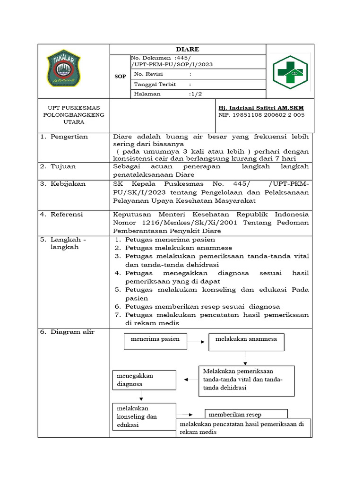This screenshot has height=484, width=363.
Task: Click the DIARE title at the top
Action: tap(188, 49)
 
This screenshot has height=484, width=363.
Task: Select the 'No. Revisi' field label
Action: tap(148, 74)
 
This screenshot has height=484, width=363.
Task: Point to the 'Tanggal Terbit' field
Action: tap(155, 84)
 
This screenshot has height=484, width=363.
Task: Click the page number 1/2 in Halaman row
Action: tap(195, 94)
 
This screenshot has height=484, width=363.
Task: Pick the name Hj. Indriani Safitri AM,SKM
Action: tap(264, 107)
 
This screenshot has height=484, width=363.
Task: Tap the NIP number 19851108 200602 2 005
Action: tap(261, 115)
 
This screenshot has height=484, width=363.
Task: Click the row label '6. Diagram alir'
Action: tap(67, 332)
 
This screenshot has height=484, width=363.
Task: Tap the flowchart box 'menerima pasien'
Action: tap(155, 341)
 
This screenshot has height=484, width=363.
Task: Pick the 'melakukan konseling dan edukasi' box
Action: tap(144, 416)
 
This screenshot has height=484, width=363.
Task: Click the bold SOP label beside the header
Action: tap(120, 76)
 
